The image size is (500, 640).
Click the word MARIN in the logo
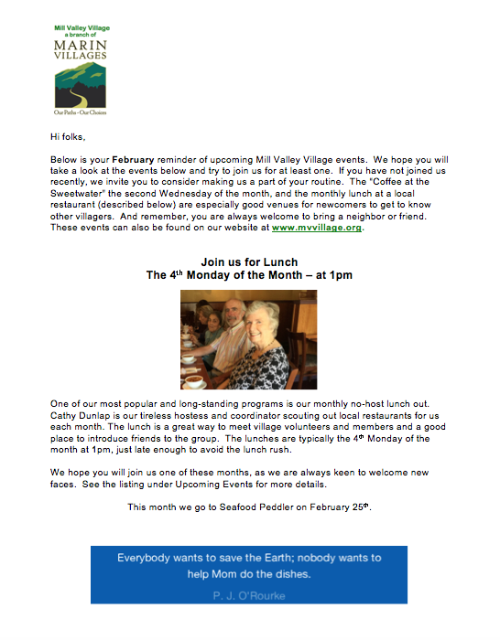(x=81, y=45)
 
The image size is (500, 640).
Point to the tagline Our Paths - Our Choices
(x=81, y=111)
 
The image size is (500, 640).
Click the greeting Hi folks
(x=70, y=137)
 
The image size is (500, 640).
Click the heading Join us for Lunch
(x=249, y=262)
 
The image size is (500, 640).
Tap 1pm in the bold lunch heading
(x=341, y=275)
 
